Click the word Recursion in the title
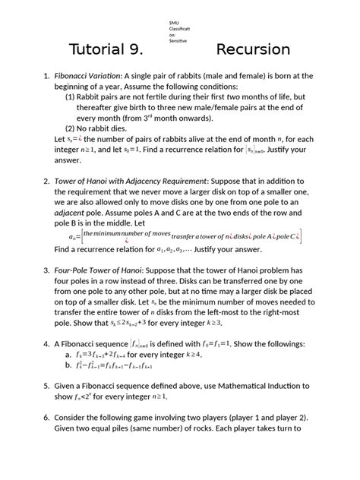coord(253,50)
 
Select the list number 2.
coord(46,182)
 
